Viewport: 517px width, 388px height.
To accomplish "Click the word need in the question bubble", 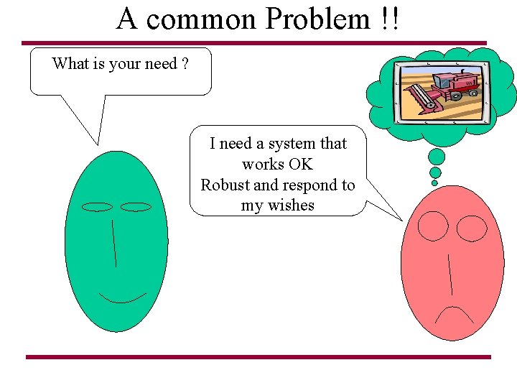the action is coord(161,64).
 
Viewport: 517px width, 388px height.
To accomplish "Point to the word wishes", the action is coord(291,205).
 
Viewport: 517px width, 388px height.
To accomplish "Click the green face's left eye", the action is coord(97,207).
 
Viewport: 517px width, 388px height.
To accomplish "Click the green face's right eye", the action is coord(136,207).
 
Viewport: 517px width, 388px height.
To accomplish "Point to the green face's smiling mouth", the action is coord(122,298).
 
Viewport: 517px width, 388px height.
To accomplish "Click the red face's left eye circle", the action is coord(433,226).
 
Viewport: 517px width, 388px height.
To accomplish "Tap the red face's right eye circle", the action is coord(471,228).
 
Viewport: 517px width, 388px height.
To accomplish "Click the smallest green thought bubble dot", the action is coord(434,183).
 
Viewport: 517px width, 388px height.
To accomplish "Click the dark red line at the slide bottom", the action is coord(258,356).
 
